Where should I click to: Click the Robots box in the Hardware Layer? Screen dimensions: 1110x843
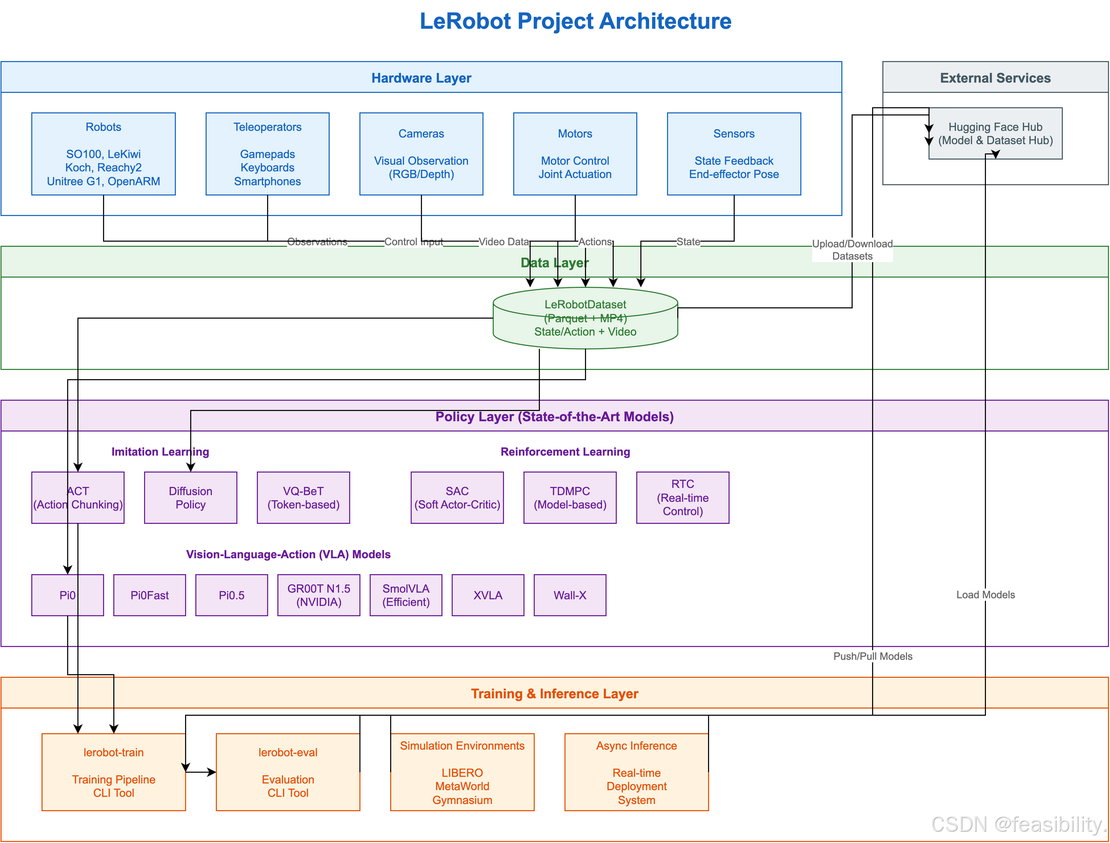coord(104,154)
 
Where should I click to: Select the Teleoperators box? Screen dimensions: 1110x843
coord(268,154)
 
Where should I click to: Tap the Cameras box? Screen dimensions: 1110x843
coord(421,154)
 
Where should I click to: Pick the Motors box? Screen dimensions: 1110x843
coord(575,154)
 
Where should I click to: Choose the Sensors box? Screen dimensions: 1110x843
coord(734,154)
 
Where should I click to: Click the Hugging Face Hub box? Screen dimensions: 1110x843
coord(996,133)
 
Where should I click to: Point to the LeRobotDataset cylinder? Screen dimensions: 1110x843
coord(586,318)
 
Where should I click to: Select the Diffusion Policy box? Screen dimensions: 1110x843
coord(191,498)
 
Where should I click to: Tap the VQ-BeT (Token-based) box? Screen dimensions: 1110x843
coord(304,498)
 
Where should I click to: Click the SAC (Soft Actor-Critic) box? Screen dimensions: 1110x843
coord(457,498)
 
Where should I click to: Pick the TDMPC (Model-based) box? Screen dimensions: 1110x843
coord(570,498)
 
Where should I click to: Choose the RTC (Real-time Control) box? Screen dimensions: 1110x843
coord(683,498)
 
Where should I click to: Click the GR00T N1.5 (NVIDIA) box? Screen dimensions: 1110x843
coord(319,595)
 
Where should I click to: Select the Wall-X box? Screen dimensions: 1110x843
coord(570,595)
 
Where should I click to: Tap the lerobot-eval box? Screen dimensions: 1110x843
coord(288,772)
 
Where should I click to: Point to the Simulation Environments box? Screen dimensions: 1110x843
coord(462,772)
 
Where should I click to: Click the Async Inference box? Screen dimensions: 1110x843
coord(637,772)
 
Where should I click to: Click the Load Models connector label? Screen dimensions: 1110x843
coord(985,595)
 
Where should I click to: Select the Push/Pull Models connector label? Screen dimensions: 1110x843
coord(873,656)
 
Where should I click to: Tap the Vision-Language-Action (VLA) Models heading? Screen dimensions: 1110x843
coord(288,554)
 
